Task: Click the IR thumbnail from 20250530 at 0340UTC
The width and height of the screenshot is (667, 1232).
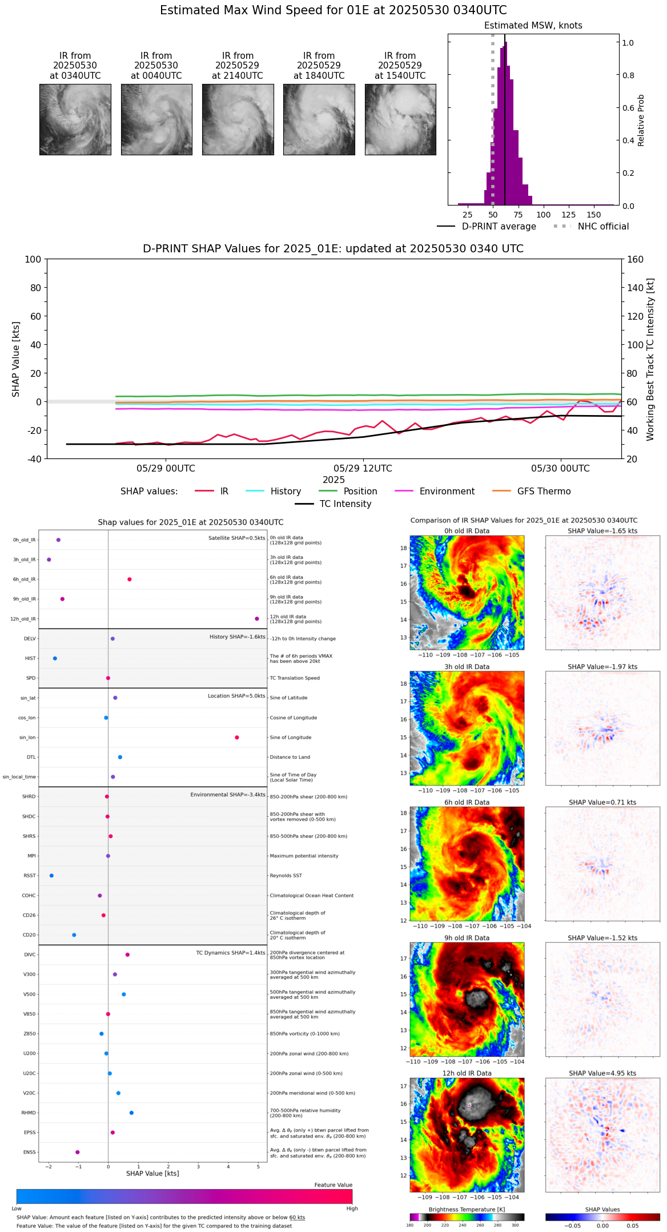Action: coord(75,119)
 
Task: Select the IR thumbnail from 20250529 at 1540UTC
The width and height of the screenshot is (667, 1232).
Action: coord(400,119)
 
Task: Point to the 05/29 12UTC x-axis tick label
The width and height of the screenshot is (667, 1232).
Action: coord(363,468)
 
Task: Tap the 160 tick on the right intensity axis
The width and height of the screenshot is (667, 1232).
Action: coord(635,259)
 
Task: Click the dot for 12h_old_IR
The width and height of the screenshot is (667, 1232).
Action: coord(257,619)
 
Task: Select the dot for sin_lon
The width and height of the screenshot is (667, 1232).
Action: coord(237,738)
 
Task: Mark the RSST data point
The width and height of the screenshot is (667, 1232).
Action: coord(51,876)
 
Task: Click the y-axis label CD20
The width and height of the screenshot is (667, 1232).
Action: coord(29,935)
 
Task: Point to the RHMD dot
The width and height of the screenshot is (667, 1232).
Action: coord(131,1113)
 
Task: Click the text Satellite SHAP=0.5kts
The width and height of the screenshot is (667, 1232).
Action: coord(236,538)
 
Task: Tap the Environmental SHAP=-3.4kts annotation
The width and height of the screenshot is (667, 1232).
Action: coord(228,795)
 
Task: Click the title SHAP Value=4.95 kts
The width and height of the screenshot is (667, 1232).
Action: coord(602,1073)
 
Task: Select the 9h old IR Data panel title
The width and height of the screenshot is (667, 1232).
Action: coord(467,938)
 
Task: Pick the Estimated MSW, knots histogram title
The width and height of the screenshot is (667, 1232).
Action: coord(533,26)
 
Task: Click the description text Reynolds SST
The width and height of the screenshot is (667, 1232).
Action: coord(286,876)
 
